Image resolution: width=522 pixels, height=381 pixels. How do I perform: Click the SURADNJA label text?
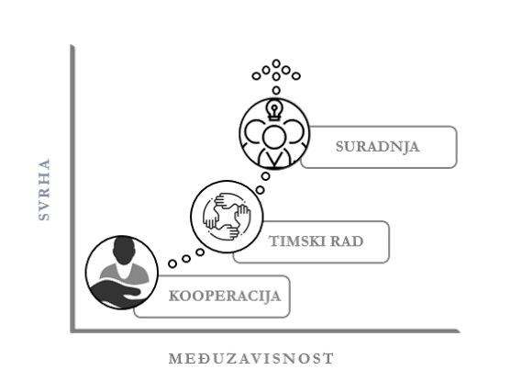click(377, 147)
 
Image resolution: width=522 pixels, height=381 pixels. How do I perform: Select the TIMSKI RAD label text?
click(316, 241)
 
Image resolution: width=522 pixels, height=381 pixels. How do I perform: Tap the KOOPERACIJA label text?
click(225, 296)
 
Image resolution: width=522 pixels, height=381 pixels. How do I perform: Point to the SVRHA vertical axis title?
click(44, 189)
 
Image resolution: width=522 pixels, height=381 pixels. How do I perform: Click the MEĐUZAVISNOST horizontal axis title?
click(251, 359)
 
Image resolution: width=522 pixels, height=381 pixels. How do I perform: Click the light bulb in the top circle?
click(274, 110)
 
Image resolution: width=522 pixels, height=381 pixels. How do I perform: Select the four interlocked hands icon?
click(227, 217)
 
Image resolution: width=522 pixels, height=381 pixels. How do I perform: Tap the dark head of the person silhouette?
click(124, 251)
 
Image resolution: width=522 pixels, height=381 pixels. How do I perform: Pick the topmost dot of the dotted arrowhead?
click(276, 63)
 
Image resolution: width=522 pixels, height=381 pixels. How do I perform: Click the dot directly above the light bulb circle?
click(276, 90)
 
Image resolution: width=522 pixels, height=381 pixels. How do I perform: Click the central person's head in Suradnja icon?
click(274, 137)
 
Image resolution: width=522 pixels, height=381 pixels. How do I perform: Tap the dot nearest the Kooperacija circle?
click(172, 263)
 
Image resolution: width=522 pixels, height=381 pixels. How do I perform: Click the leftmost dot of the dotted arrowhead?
click(256, 76)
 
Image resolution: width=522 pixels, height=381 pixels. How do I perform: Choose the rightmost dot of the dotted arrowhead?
click(296, 76)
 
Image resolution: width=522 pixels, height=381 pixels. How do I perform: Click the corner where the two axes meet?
click(72, 331)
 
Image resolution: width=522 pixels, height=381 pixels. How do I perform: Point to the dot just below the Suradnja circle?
click(265, 176)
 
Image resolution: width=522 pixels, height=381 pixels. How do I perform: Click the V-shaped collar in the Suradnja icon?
click(274, 159)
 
